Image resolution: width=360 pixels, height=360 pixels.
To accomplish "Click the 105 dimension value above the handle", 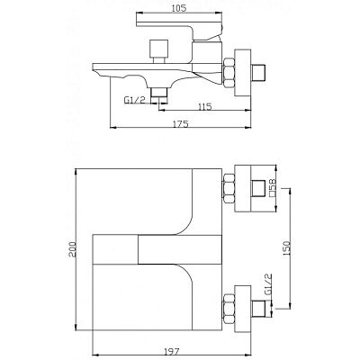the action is tap(179, 8).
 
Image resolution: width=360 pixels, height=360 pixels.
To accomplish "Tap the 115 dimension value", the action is tap(205, 106).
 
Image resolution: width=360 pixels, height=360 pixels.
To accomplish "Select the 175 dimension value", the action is tap(181, 123).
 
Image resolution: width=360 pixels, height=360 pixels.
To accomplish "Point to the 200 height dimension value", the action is tap(73, 249).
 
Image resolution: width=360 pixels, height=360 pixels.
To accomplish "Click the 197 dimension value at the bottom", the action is tap(172, 351).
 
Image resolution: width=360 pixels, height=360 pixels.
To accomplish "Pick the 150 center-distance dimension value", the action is tap(287, 247).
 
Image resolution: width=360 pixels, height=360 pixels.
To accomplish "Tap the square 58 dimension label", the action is tap(273, 187).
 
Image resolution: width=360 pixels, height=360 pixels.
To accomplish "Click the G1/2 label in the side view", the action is tap(135, 100).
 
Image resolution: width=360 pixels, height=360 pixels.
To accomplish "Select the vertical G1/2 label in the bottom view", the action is tap(268, 284).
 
